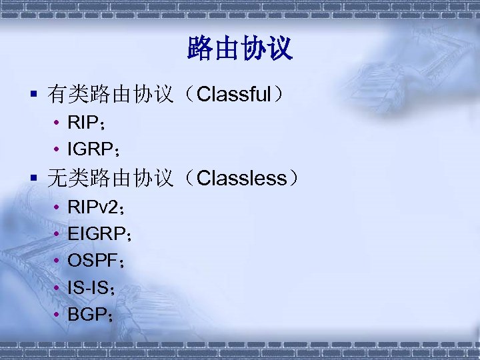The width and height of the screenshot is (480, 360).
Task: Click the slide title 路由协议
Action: tap(240, 49)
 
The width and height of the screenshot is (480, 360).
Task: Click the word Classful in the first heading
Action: tap(233, 94)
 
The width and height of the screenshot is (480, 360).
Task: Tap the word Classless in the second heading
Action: tap(242, 178)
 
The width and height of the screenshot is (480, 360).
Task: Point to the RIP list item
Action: tap(82, 122)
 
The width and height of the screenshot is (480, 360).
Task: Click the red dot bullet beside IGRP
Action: tap(58, 147)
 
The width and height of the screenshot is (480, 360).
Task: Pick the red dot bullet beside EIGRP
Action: tap(58, 234)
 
